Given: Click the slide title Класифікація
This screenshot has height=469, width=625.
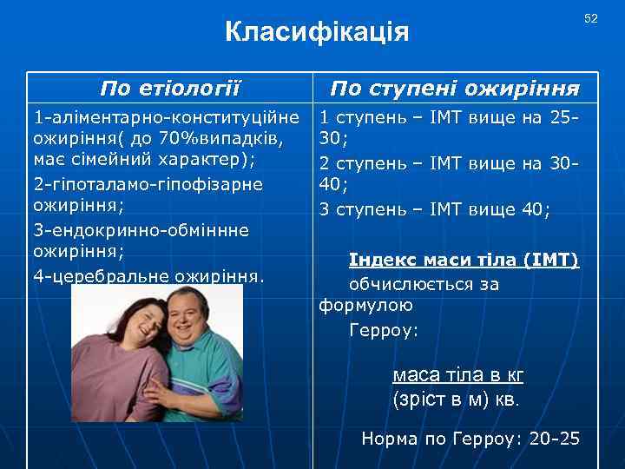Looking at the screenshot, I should pyautogui.click(x=316, y=32).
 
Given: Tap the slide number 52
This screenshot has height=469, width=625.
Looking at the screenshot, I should pyautogui.click(x=591, y=18).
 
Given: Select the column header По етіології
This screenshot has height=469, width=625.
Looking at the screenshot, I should pyautogui.click(x=170, y=88).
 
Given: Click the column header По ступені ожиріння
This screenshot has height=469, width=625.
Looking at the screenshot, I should pyautogui.click(x=456, y=88).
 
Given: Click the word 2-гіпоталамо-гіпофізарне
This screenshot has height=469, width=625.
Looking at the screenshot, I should pyautogui.click(x=147, y=184).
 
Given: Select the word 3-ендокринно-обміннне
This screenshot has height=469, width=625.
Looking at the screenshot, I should pyautogui.click(x=141, y=229).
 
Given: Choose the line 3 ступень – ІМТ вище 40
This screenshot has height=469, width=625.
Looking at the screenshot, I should pyautogui.click(x=434, y=208).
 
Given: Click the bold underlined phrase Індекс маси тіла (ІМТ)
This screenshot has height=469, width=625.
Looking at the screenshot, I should pyautogui.click(x=464, y=260).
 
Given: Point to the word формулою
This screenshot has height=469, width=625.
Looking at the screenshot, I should pyautogui.click(x=365, y=305).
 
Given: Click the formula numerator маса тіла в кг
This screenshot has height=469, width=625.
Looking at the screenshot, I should pyautogui.click(x=457, y=375).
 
